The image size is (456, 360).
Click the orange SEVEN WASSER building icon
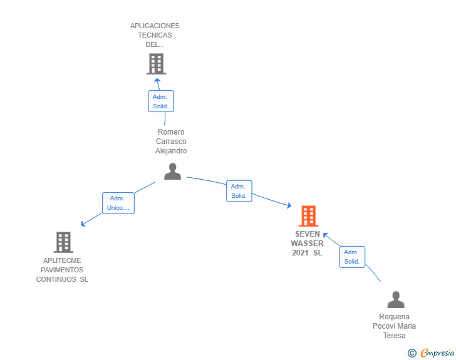click(x=308, y=216)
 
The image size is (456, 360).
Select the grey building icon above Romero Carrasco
click(x=156, y=64)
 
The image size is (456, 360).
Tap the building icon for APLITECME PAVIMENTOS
click(x=63, y=242)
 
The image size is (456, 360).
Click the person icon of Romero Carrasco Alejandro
click(x=172, y=171)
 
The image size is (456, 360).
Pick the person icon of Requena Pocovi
click(x=396, y=300)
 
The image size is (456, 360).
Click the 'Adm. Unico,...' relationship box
click(x=118, y=203)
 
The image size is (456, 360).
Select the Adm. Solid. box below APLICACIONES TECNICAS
click(x=161, y=101)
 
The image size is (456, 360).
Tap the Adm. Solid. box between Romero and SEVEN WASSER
click(x=239, y=191)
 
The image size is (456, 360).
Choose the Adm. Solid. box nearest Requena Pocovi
click(x=352, y=257)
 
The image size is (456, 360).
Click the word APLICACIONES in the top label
click(x=155, y=26)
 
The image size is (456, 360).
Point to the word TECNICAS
click(x=155, y=35)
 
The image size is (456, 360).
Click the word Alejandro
click(x=171, y=151)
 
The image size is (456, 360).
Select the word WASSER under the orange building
click(x=307, y=244)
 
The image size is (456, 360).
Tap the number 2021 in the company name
click(x=301, y=253)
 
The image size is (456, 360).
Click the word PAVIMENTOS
click(x=62, y=270)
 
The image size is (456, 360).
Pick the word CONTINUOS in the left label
click(x=56, y=279)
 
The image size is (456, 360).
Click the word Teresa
click(x=395, y=336)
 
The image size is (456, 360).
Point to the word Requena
click(x=395, y=317)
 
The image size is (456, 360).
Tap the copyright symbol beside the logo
click(x=412, y=353)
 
